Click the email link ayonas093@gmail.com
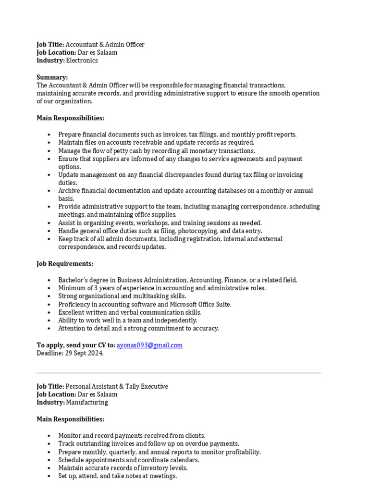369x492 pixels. coord(149,345)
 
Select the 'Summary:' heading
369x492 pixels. coord(52,77)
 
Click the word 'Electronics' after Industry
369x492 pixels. coord(82,61)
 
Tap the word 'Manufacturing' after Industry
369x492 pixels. coord(87,402)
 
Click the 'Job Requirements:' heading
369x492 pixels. coord(65,263)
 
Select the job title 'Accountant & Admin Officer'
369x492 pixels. coord(105,44)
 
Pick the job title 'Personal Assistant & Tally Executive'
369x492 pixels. coord(117,386)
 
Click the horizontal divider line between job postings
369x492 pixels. coord(179,372)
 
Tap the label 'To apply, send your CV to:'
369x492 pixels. coord(76,345)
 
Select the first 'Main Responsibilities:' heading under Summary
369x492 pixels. coord(70,118)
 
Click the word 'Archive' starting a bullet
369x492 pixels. coord(69,191)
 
